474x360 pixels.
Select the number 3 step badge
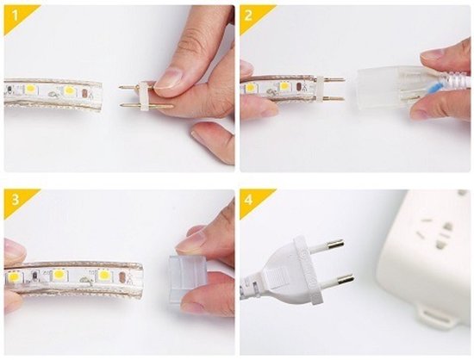[x=12, y=197]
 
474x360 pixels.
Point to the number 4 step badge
[x=249, y=197]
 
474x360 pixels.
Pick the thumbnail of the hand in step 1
[x=169, y=80]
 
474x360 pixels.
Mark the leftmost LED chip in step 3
[x=15, y=277]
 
